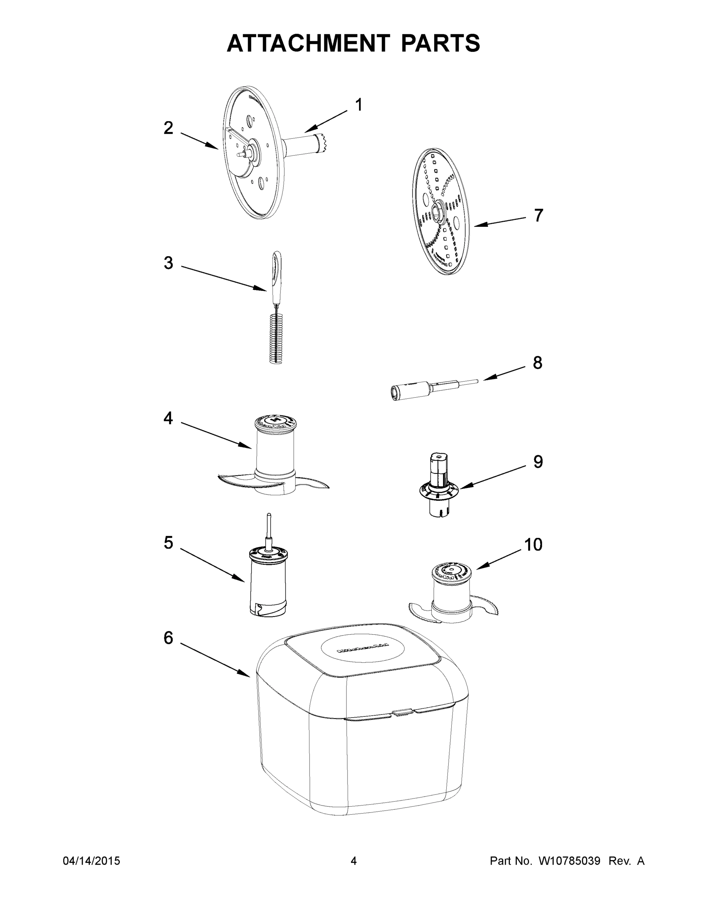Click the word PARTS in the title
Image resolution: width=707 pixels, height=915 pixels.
click(440, 43)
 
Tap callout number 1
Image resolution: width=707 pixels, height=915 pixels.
click(359, 105)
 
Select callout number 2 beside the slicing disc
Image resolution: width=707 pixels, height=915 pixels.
click(168, 128)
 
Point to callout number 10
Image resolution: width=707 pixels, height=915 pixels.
click(533, 545)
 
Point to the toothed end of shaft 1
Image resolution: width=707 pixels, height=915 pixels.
click(322, 142)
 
